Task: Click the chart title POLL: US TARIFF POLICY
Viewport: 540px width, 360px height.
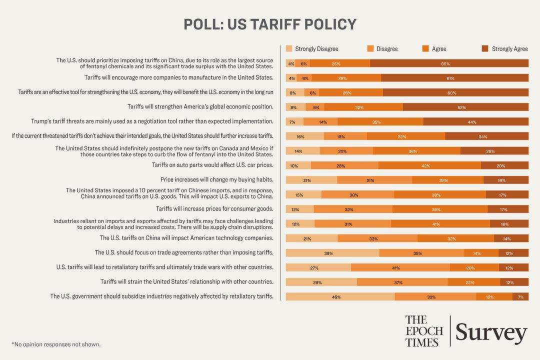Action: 270,24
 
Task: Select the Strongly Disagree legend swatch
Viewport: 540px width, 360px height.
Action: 289,48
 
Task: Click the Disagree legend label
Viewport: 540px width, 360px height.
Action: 386,48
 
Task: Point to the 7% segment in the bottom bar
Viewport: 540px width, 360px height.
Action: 520,296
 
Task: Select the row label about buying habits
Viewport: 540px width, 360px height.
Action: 216,179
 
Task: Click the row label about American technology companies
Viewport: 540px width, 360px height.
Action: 186,238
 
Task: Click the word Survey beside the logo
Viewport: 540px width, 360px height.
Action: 491,332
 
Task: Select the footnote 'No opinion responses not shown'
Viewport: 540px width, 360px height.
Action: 56,344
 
